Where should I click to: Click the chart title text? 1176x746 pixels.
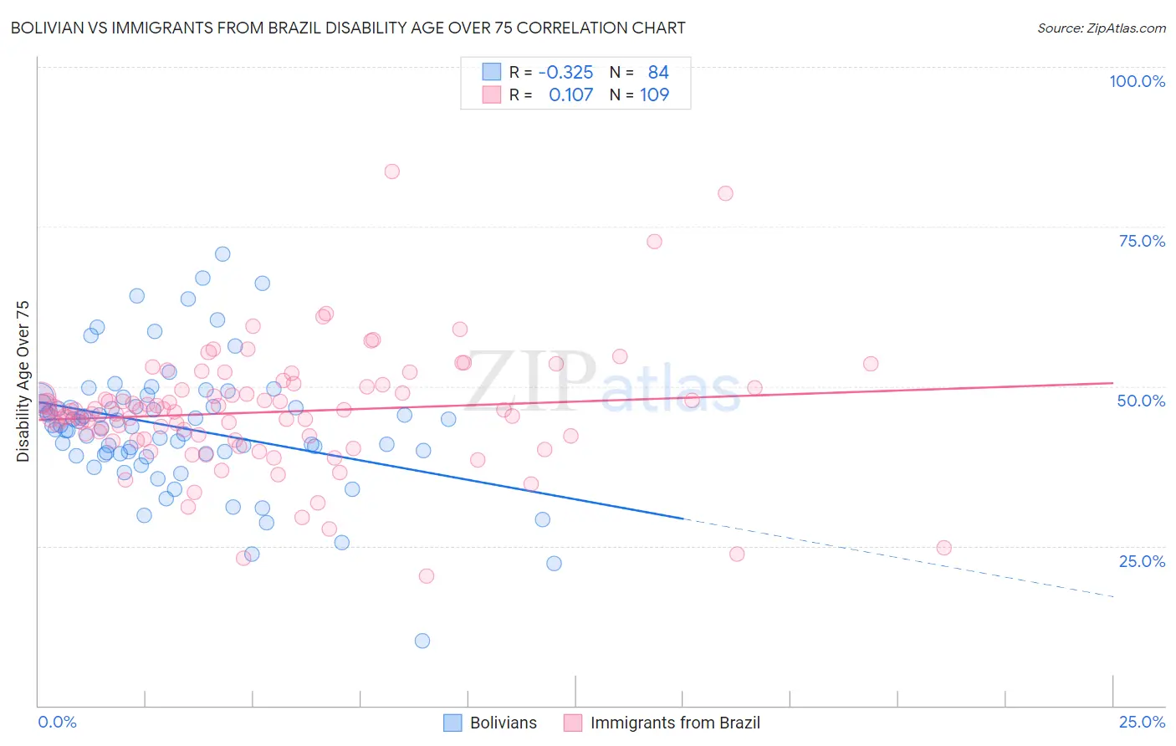click(x=348, y=28)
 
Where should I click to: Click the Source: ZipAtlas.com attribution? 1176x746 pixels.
click(x=1101, y=28)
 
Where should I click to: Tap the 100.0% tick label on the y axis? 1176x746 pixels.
click(x=1137, y=81)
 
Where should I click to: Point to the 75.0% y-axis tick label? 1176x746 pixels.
click(x=1142, y=241)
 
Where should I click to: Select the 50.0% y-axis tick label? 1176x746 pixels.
click(x=1141, y=401)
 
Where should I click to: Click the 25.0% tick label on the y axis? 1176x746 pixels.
click(x=1142, y=560)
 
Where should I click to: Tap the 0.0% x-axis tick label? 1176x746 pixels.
click(x=57, y=722)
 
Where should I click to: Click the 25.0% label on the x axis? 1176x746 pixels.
click(x=1142, y=722)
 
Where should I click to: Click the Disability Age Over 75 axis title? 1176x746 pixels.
click(x=23, y=381)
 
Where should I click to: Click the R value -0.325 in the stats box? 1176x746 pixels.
click(x=565, y=73)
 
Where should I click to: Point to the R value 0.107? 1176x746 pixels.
click(x=570, y=95)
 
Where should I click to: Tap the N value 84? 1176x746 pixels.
click(x=658, y=73)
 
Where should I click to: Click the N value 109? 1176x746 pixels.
click(x=654, y=95)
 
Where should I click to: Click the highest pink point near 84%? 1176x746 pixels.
click(x=391, y=171)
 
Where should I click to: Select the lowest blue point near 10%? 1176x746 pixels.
click(x=422, y=641)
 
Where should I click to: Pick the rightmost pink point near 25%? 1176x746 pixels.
click(x=943, y=548)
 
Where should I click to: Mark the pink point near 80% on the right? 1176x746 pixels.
click(x=725, y=193)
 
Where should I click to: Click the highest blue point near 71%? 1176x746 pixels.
click(x=222, y=254)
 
